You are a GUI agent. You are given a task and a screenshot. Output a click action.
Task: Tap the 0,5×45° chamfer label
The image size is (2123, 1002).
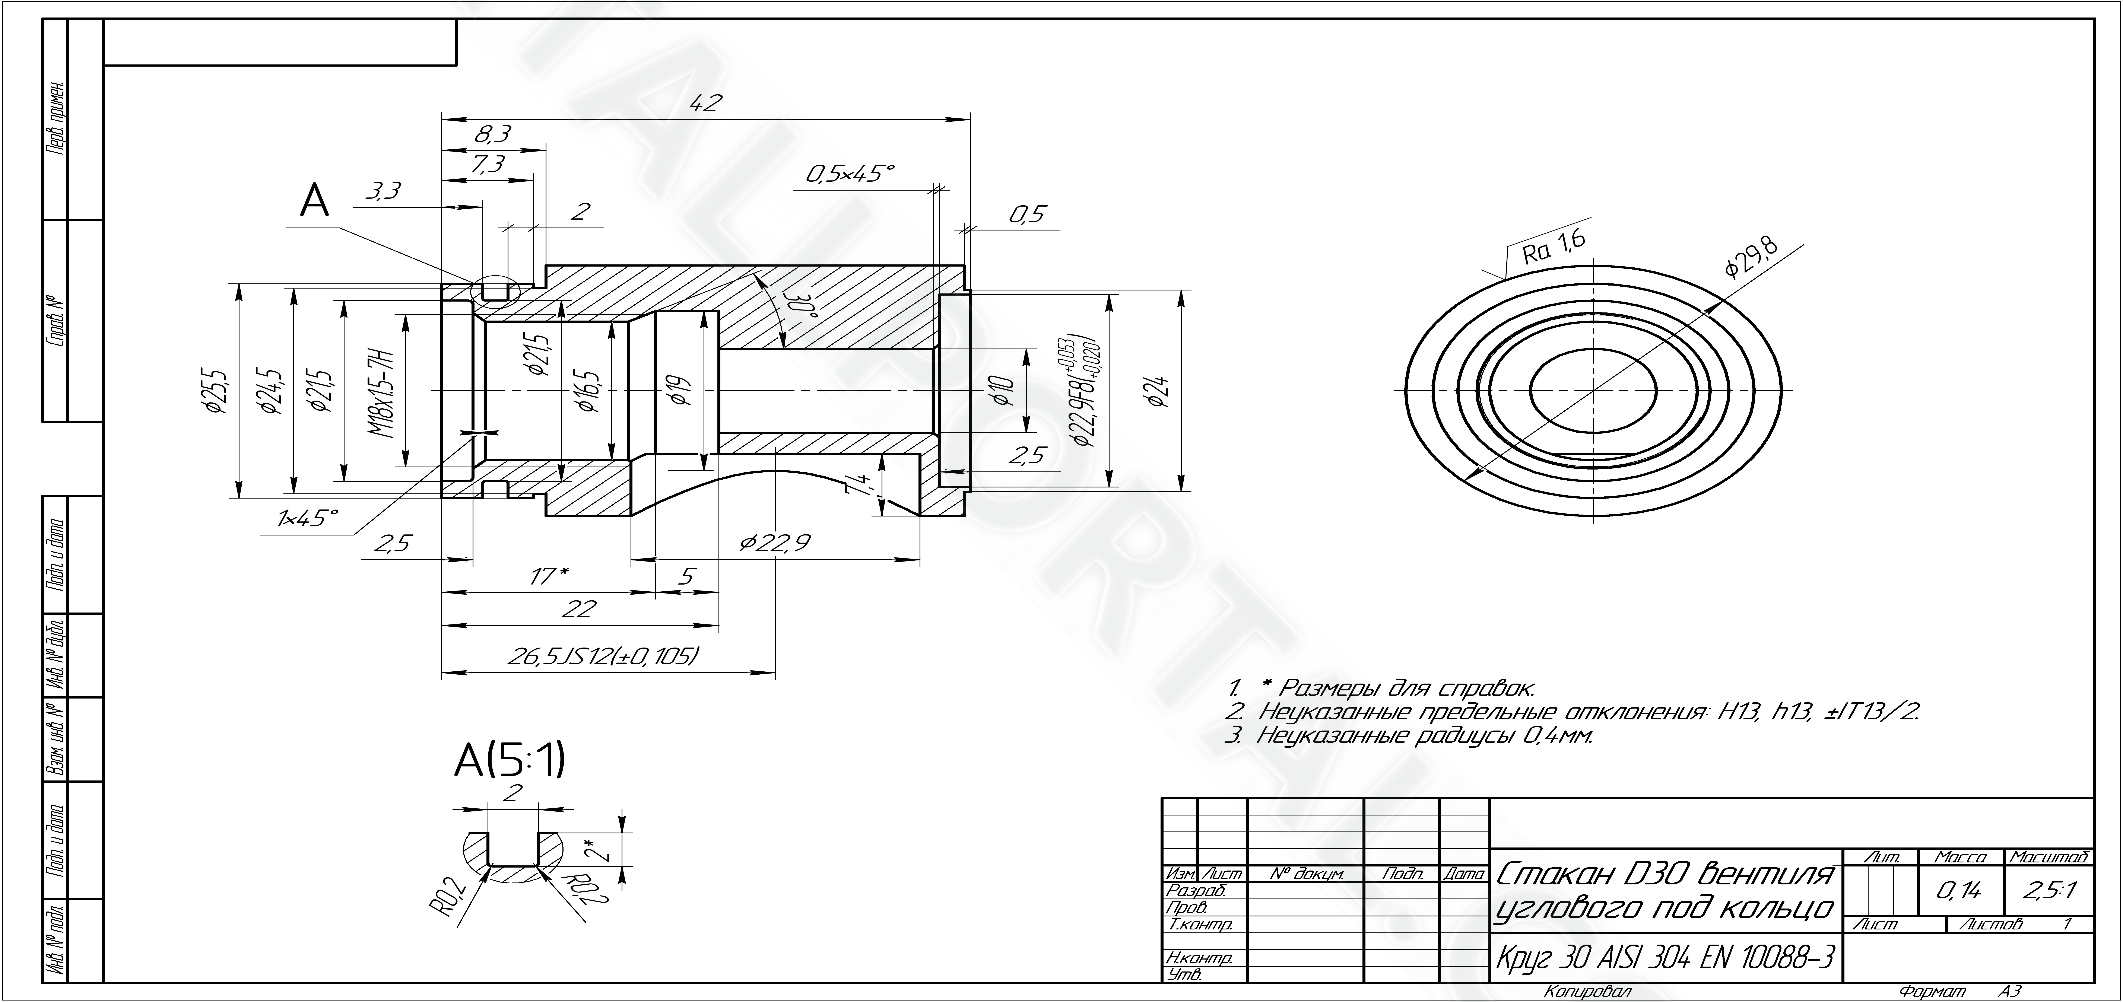pos(850,174)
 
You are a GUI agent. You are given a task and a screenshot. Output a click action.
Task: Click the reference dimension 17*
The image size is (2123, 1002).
pos(547,576)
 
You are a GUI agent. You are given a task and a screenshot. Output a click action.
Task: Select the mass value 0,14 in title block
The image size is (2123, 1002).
pos(1960,891)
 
